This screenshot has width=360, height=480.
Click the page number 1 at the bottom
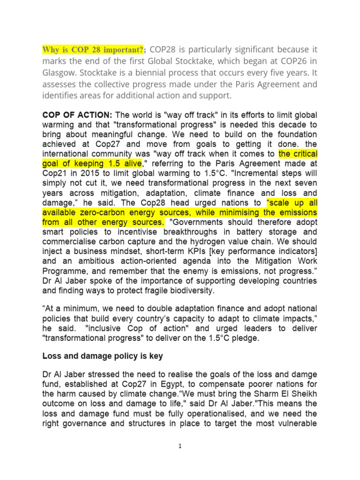click(180, 446)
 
